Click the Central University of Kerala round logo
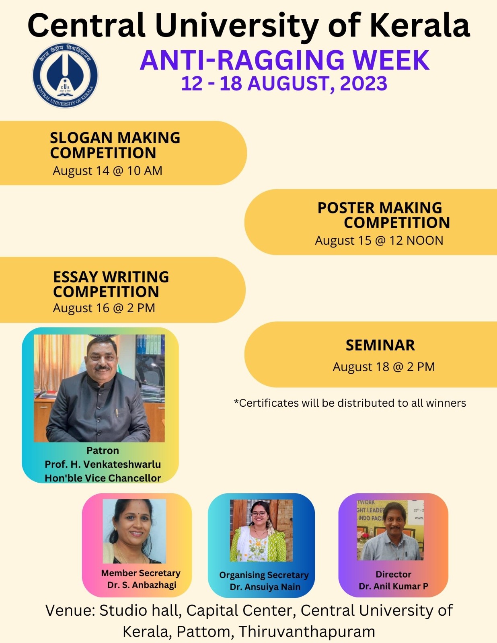[x=65, y=75]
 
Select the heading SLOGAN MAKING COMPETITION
[x=115, y=145]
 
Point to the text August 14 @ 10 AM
[x=107, y=171]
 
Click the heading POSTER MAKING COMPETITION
[x=384, y=215]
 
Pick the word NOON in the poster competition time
[x=425, y=241]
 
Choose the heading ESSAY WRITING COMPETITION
[x=111, y=285]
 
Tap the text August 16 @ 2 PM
[x=104, y=308]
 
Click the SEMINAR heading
[x=380, y=345]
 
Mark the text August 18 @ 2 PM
[x=384, y=367]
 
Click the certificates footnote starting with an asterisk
[x=350, y=403]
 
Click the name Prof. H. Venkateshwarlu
[x=103, y=464]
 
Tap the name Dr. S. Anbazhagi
[x=142, y=585]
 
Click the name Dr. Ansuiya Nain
[x=265, y=587]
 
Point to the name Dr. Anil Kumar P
[x=393, y=586]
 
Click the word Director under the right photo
[x=393, y=574]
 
